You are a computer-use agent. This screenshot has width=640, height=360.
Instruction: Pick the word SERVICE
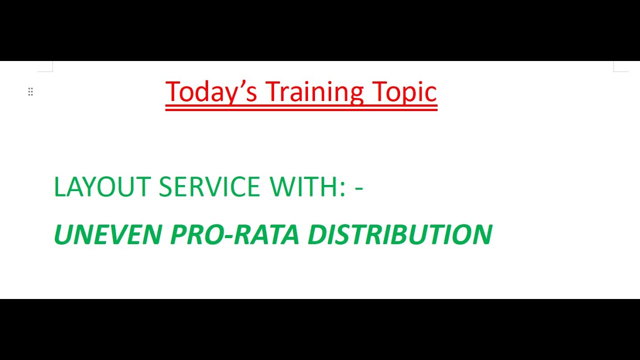209,187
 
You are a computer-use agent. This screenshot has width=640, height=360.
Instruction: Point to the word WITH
303,187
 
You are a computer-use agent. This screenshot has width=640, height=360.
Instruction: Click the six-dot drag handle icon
30,91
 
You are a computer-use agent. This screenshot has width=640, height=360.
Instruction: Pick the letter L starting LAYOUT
59,187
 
